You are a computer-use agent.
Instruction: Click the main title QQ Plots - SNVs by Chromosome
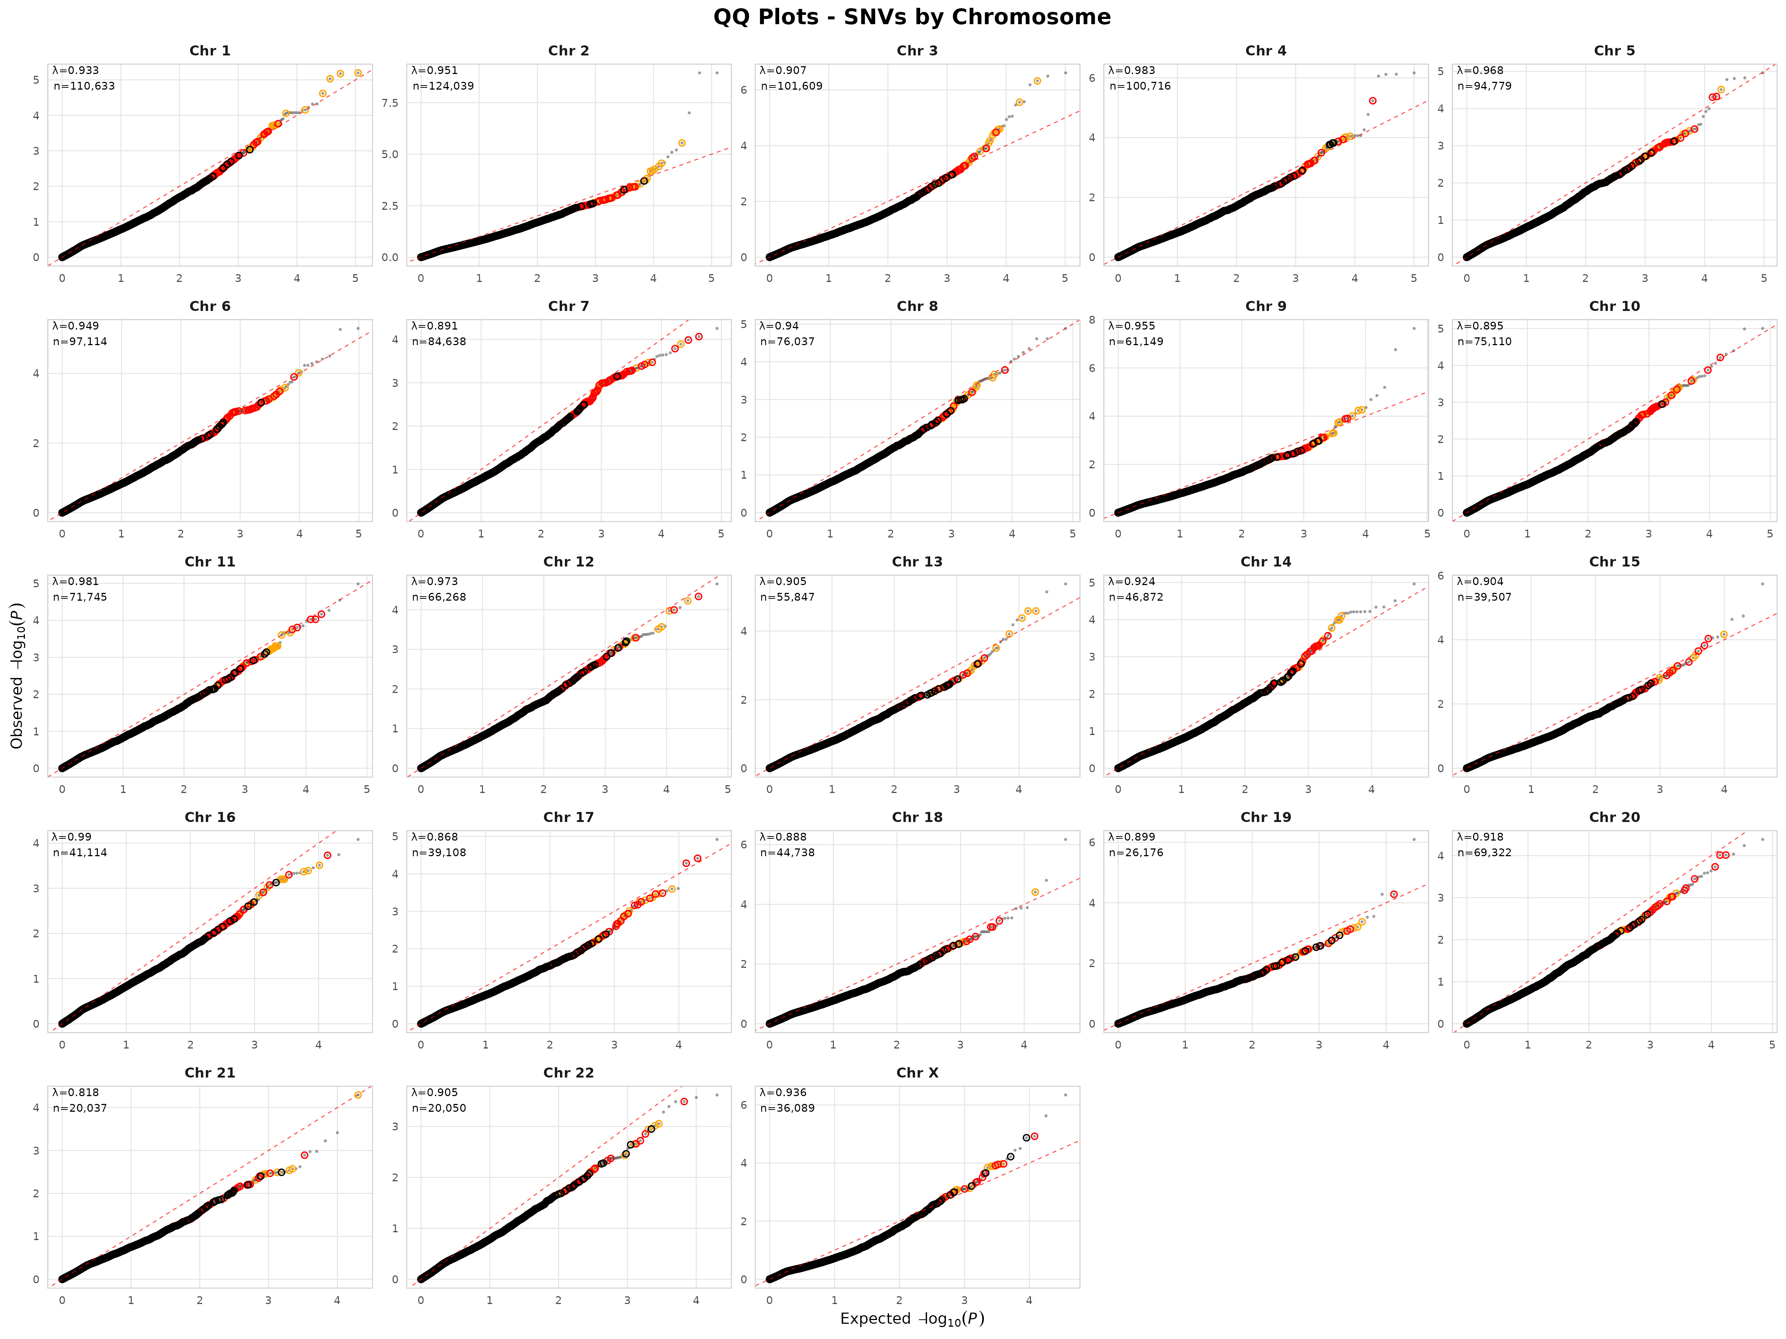(912, 17)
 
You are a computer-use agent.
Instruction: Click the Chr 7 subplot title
(569, 306)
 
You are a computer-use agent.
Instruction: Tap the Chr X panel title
(917, 1073)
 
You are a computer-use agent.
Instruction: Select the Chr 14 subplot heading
(1265, 562)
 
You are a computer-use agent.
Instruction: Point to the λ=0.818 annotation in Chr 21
(76, 1092)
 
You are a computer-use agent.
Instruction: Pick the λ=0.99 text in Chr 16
(73, 837)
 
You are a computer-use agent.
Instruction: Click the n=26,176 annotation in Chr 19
(1135, 852)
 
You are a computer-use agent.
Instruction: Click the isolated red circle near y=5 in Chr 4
(1373, 101)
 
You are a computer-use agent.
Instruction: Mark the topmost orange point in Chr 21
(358, 1095)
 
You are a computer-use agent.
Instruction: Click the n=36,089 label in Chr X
(787, 1108)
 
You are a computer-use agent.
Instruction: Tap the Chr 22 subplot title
(569, 1073)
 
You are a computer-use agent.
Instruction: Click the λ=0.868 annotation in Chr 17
(434, 837)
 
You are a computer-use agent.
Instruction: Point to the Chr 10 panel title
(1614, 306)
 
